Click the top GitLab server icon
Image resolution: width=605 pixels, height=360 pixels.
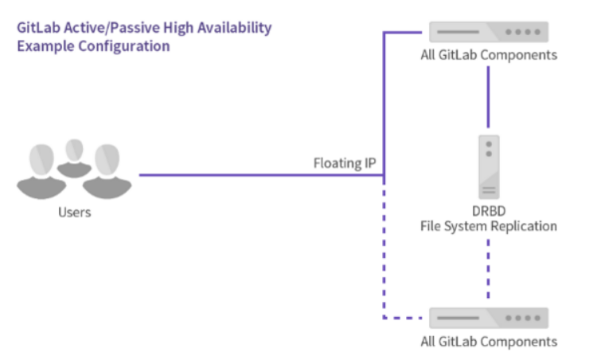488,32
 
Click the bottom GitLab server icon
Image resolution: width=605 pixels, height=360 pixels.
488,318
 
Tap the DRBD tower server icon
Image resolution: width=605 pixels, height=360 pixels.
488,166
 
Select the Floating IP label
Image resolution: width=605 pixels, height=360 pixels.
344,164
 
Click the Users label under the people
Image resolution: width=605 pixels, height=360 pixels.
74,213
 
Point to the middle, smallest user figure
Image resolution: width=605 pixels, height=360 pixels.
75,154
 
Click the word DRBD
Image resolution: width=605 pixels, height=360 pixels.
488,212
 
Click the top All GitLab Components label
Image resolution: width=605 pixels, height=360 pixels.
488,55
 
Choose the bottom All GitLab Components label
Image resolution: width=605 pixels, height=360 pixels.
488,342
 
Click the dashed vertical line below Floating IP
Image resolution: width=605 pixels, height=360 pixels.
384,247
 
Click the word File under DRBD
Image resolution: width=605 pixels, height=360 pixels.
433,226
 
